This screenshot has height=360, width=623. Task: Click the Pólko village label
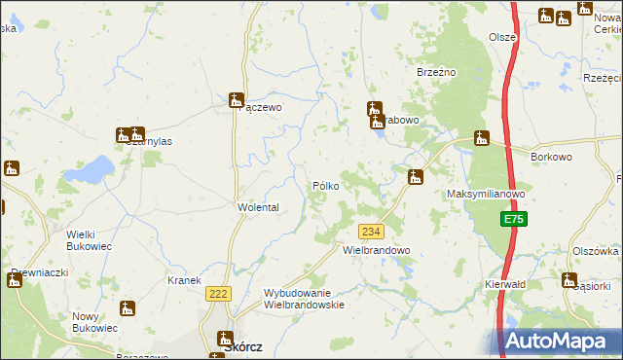(x=325, y=186)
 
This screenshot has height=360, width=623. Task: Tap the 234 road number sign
(x=371, y=232)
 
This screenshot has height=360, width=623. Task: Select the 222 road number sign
(x=217, y=293)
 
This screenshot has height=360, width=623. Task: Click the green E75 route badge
(x=515, y=221)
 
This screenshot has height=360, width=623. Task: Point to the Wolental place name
(x=259, y=208)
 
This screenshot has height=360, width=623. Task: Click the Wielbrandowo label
(x=377, y=250)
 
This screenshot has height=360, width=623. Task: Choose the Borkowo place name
(x=551, y=156)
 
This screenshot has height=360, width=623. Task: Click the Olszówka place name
(x=596, y=250)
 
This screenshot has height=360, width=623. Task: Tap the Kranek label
(x=184, y=280)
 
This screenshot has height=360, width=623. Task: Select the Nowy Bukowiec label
(x=94, y=323)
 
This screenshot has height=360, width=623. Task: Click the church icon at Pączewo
(x=236, y=99)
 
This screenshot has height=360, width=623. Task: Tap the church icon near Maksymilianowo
(x=416, y=177)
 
